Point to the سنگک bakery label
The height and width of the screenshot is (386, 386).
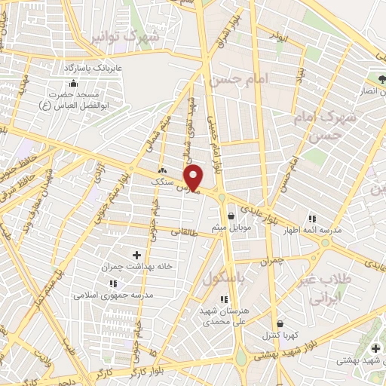tap(162, 181)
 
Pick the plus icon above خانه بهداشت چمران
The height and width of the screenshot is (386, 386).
tap(136, 256)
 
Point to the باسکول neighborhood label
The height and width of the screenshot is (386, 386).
tap(223, 279)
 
